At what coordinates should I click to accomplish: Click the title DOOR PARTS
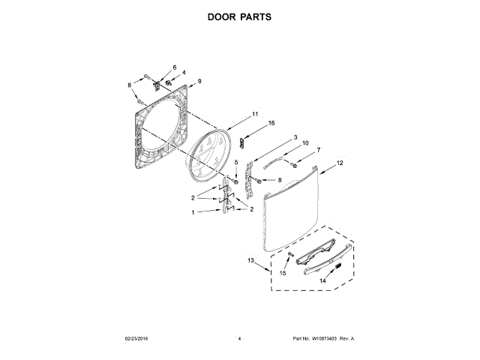point(239,16)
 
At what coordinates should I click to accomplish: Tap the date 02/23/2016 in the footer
point(139,339)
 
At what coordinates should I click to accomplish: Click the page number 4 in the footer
point(239,339)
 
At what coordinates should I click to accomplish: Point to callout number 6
point(175,68)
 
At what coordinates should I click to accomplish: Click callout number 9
point(200,81)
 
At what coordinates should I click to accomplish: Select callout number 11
point(255,114)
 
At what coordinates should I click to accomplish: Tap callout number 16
point(271,123)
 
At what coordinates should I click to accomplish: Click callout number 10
point(305,143)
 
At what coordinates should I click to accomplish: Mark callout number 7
point(317,151)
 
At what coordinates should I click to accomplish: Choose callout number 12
point(340,163)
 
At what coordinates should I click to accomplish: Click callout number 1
point(193,212)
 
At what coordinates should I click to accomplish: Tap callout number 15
point(283,274)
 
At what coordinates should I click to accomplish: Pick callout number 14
point(324,280)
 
